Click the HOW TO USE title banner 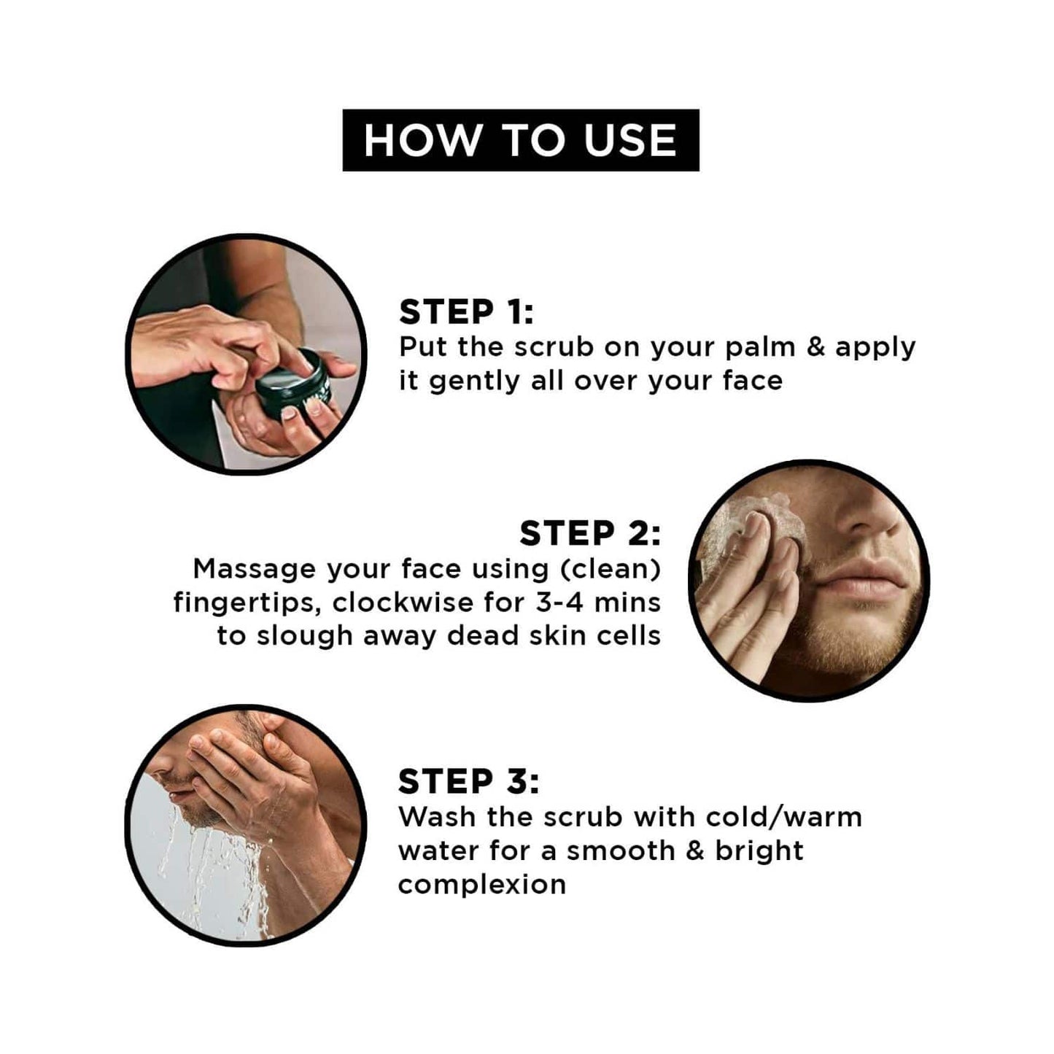click(x=520, y=140)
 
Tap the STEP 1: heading click(x=466, y=312)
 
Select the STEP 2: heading click(x=590, y=533)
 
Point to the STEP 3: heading click(x=469, y=781)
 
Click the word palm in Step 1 click(x=760, y=349)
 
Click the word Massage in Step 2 click(x=255, y=570)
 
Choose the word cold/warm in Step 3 click(x=784, y=817)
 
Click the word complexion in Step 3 click(x=482, y=885)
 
